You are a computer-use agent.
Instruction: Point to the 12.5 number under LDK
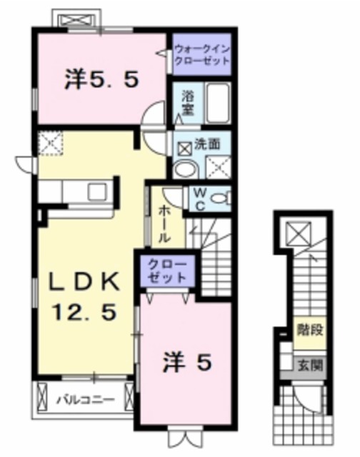coord(84,311)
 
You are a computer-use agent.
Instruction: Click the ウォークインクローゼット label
coord(202,55)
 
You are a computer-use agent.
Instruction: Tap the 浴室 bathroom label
coord(188,101)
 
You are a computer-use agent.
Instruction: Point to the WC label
coord(199,197)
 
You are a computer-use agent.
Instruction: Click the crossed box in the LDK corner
coord(50,144)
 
